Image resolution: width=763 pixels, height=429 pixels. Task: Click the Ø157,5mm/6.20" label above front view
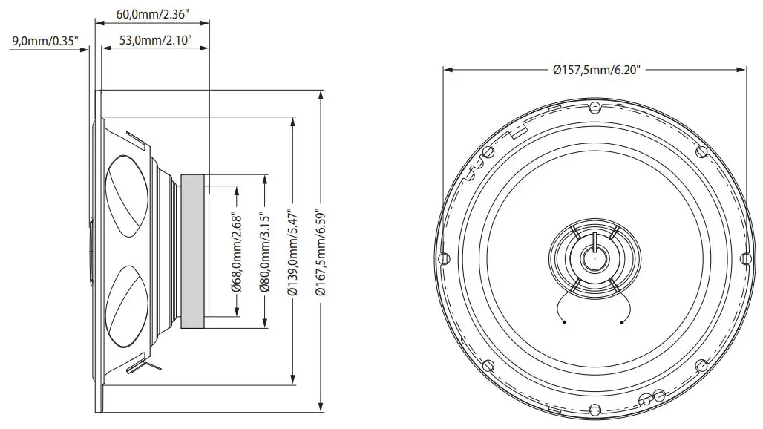pyautogui.click(x=596, y=71)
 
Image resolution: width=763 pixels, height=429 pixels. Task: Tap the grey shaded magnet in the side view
pyautogui.click(x=191, y=252)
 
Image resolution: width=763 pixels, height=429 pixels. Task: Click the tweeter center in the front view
pyautogui.click(x=594, y=258)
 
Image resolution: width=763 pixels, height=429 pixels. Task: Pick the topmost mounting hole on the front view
pyautogui.click(x=594, y=107)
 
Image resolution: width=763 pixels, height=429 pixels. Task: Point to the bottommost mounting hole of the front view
pyautogui.click(x=594, y=409)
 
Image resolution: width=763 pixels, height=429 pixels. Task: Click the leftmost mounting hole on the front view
pyautogui.click(x=443, y=259)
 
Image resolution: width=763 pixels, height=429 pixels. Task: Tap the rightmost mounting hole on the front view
pyautogui.click(x=744, y=259)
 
